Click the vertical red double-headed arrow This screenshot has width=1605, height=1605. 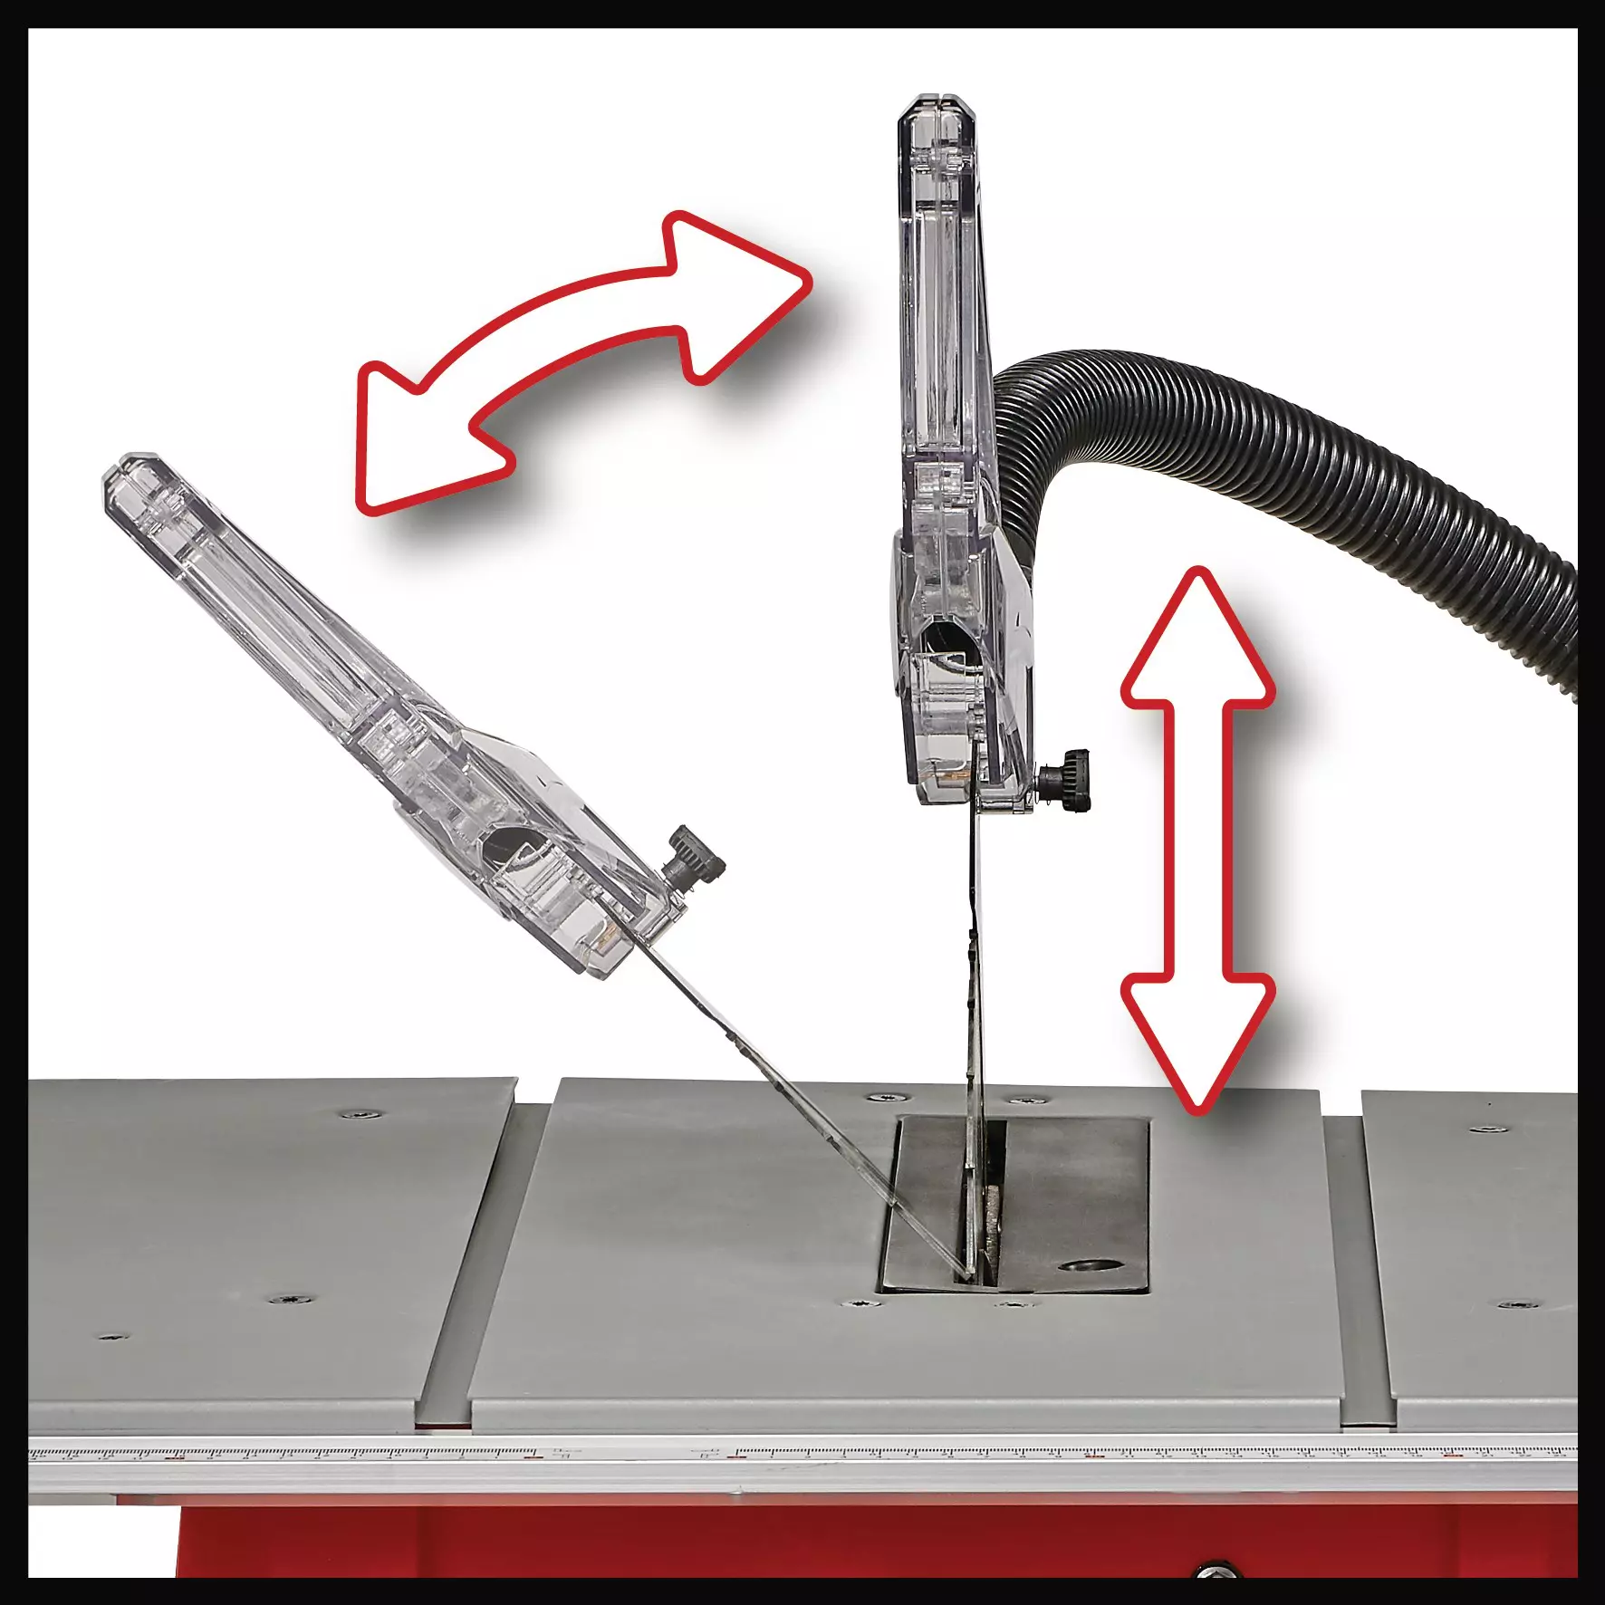tap(1197, 838)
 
